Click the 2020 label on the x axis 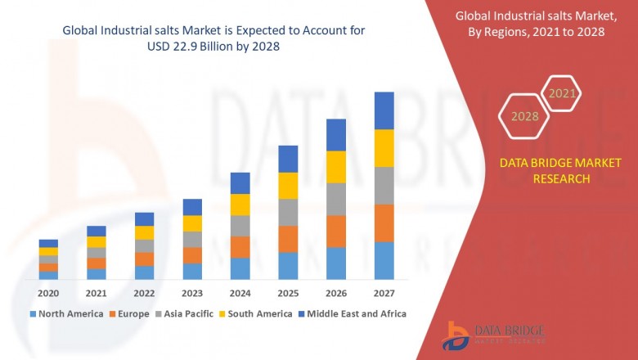pyautogui.click(x=48, y=293)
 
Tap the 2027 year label pyautogui.click(x=384, y=293)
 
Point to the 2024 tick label pyautogui.click(x=240, y=293)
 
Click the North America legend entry pyautogui.click(x=66, y=313)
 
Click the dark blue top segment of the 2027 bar pyautogui.click(x=384, y=110)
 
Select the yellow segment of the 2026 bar pyautogui.click(x=336, y=167)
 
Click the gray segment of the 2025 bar pyautogui.click(x=288, y=212)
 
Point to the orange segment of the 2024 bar pyautogui.click(x=240, y=247)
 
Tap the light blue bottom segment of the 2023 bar pyautogui.click(x=192, y=271)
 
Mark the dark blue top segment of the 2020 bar pyautogui.click(x=48, y=243)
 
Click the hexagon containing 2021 pyautogui.click(x=562, y=93)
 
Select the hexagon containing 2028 pyautogui.click(x=524, y=116)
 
